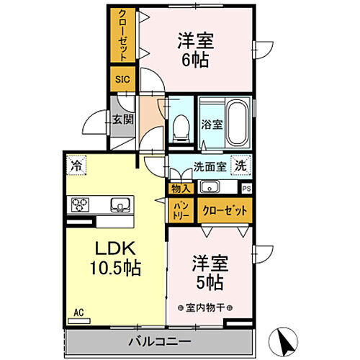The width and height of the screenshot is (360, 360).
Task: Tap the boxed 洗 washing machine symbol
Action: [x=242, y=164]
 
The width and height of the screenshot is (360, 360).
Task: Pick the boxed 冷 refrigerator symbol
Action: [x=76, y=166]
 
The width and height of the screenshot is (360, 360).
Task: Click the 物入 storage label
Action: [x=181, y=189]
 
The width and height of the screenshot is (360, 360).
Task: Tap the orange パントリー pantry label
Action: [x=180, y=211]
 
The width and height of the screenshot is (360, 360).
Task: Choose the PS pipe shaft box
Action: [x=247, y=189]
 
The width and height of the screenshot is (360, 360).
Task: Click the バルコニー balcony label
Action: [x=161, y=340]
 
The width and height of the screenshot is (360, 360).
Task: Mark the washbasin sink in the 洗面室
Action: [x=211, y=189]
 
